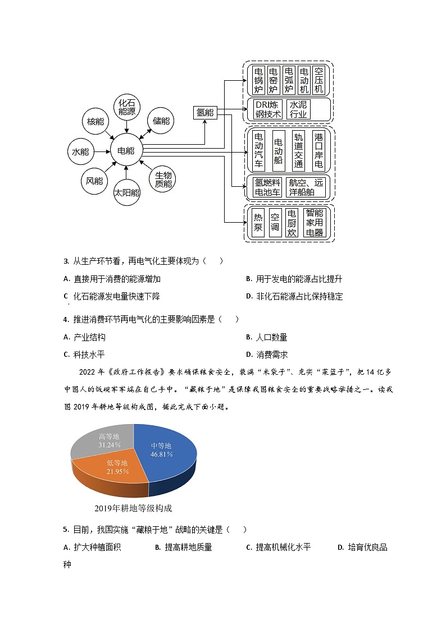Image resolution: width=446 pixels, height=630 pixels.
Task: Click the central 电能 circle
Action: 126,150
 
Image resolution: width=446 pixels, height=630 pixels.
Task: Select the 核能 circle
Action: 95,122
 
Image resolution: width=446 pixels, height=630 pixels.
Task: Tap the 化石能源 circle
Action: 127,107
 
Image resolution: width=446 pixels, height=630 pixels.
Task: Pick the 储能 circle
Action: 161,121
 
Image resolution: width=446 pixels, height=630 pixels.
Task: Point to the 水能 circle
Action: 80,151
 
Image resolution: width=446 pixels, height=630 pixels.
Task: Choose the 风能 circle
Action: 94,180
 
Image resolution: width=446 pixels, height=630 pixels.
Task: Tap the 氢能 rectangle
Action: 205,112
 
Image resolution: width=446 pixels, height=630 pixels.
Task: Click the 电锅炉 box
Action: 258,80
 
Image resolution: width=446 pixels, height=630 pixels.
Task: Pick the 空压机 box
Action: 318,80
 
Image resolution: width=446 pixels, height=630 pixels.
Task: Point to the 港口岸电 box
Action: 318,151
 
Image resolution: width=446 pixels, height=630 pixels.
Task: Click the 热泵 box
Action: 258,223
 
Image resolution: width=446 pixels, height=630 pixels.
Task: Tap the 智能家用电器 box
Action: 315,223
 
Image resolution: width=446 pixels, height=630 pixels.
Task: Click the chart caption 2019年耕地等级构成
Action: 133,508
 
